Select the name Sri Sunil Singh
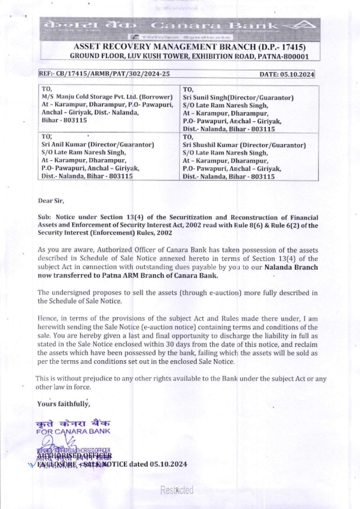coord(205,97)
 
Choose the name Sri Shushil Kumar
coord(210,145)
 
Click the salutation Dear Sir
coord(51,201)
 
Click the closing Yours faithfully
coord(63,404)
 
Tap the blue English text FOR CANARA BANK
coord(73,431)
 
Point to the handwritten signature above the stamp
coord(61,441)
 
